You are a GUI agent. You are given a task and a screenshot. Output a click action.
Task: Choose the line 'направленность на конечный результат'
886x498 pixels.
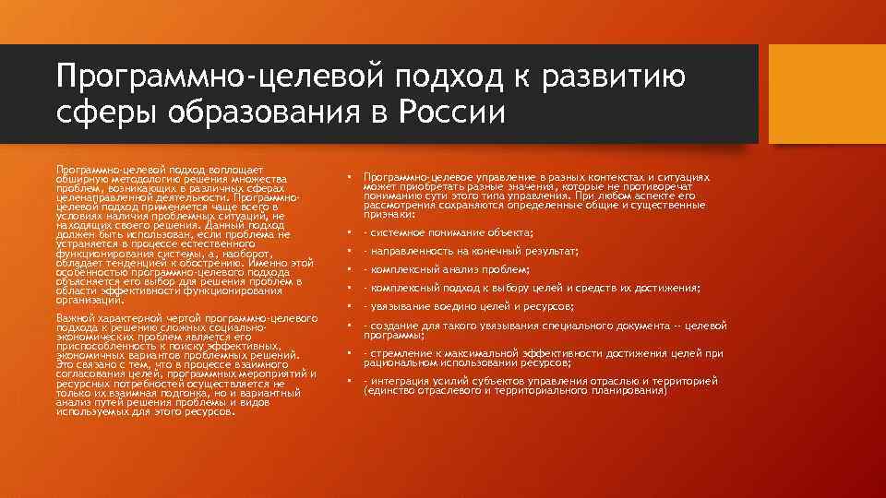pyautogui.click(x=472, y=251)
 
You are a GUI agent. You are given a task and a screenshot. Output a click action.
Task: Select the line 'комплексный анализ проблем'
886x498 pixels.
pyautogui.click(x=447, y=269)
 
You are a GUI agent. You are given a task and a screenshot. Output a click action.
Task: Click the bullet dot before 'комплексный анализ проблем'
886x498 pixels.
pyautogui.click(x=349, y=269)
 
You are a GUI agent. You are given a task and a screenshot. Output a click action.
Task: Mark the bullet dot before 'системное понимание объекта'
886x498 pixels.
pyautogui.click(x=349, y=232)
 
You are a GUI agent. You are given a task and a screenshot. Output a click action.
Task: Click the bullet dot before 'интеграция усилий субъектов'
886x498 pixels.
pyautogui.click(x=349, y=381)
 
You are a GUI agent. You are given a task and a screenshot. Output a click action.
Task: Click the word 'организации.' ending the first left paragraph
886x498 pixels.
pyautogui.click(x=90, y=301)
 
